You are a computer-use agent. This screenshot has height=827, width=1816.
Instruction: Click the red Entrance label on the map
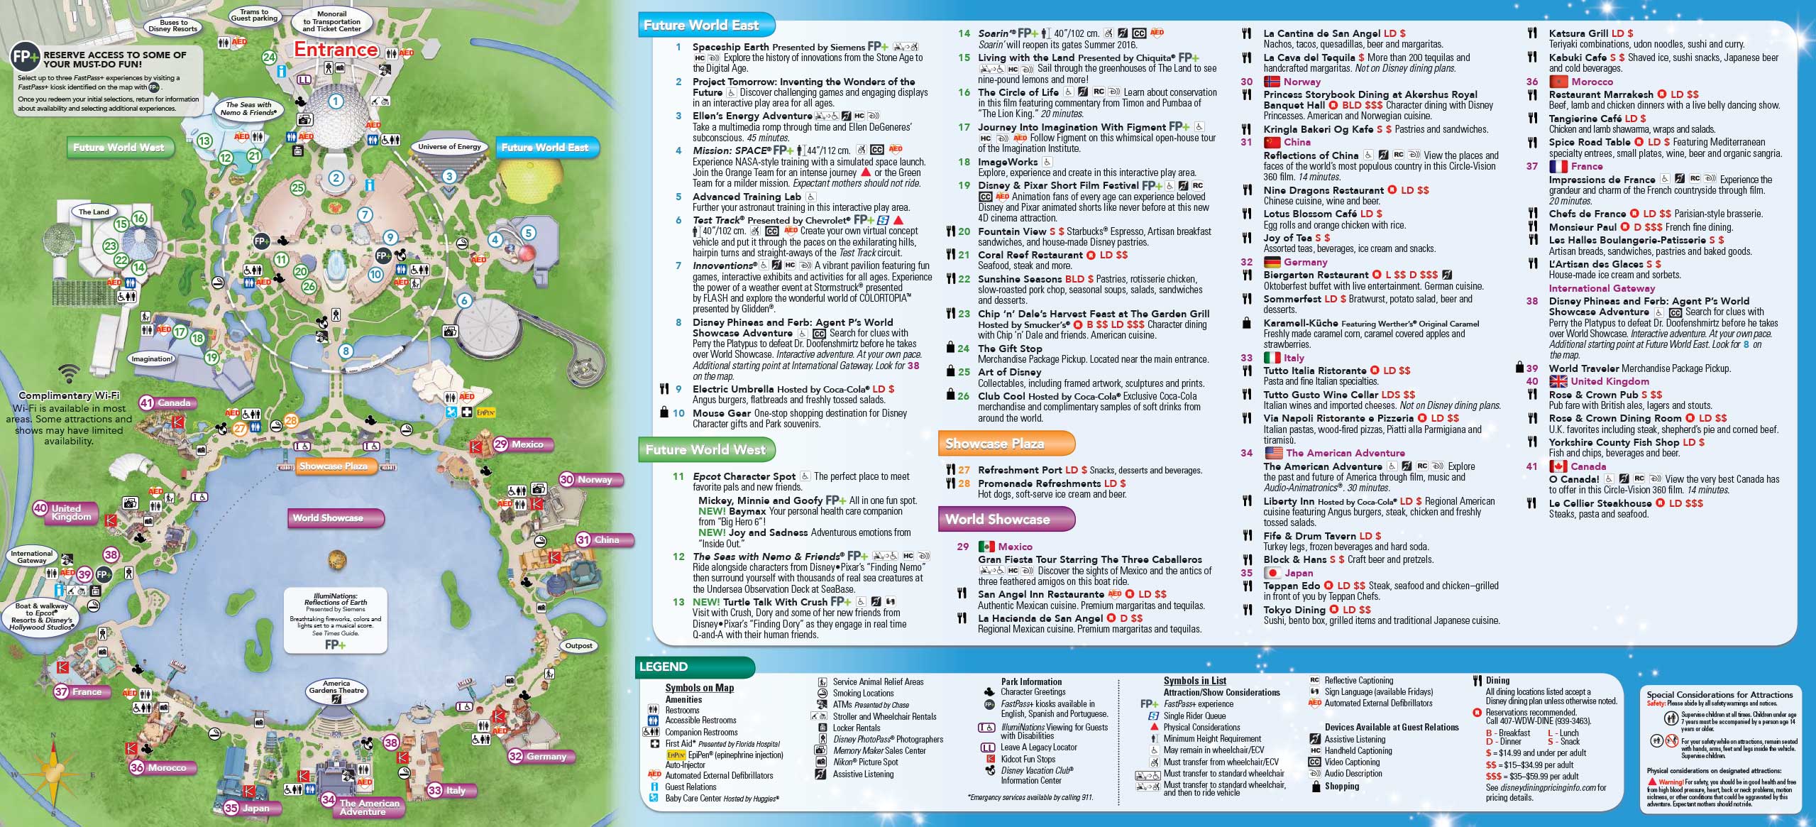click(x=336, y=50)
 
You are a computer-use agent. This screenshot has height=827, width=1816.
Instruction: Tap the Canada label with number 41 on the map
click(x=166, y=402)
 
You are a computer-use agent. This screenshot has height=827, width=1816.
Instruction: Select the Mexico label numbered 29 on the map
click(x=519, y=444)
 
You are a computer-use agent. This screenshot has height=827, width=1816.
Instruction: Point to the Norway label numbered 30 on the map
click(x=587, y=480)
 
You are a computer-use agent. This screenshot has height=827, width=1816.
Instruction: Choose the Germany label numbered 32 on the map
click(x=539, y=757)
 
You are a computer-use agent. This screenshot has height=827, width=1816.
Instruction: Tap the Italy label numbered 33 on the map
click(x=453, y=790)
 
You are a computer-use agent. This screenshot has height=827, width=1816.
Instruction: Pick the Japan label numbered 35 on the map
click(x=248, y=808)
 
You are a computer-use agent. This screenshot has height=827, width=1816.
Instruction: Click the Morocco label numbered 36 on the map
click(x=158, y=767)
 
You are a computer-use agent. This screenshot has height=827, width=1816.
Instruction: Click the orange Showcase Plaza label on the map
click(x=334, y=466)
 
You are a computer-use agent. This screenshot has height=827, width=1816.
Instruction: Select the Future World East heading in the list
click(x=701, y=26)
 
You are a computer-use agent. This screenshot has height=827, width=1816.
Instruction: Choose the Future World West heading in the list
click(x=705, y=449)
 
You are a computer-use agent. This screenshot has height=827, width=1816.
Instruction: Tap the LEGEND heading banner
click(x=664, y=667)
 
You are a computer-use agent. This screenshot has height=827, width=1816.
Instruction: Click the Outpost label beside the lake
click(x=578, y=646)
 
